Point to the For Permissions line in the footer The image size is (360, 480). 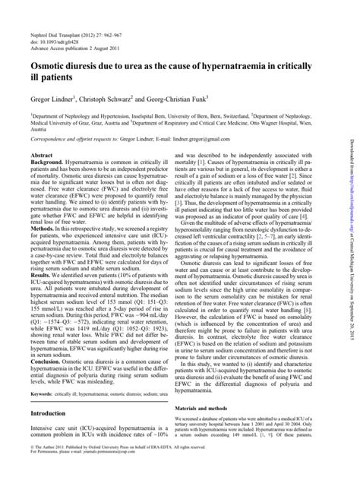click(99, 473)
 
